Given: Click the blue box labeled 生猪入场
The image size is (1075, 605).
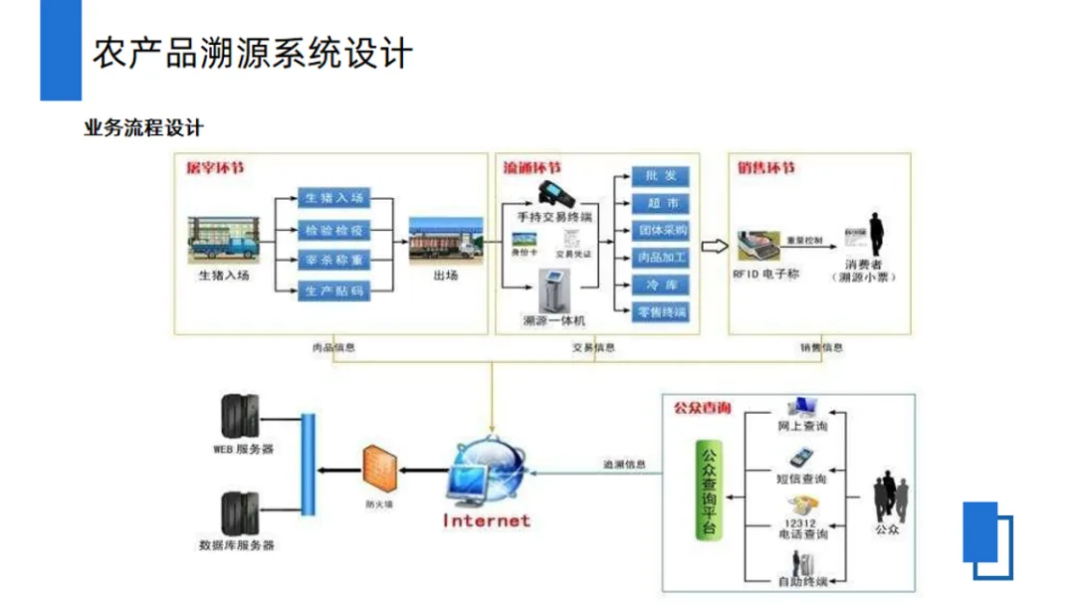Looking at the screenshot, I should point(334,199).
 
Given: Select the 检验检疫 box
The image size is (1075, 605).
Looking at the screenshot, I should point(334,230).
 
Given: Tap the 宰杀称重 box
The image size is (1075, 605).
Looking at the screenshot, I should point(334,261).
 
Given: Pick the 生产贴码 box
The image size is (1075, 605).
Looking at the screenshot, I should point(334,292).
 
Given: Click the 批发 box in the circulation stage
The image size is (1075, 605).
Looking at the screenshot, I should point(660,176).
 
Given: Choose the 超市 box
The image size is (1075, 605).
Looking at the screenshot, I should point(660,203).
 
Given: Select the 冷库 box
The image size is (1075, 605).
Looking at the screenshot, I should point(660,286).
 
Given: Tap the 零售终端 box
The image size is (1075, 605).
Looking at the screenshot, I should point(660,312).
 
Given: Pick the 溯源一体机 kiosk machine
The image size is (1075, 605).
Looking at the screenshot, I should point(553,290).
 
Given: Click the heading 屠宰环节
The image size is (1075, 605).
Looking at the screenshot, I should point(215,168).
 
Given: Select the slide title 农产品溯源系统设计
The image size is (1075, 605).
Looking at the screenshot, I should point(252,53).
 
